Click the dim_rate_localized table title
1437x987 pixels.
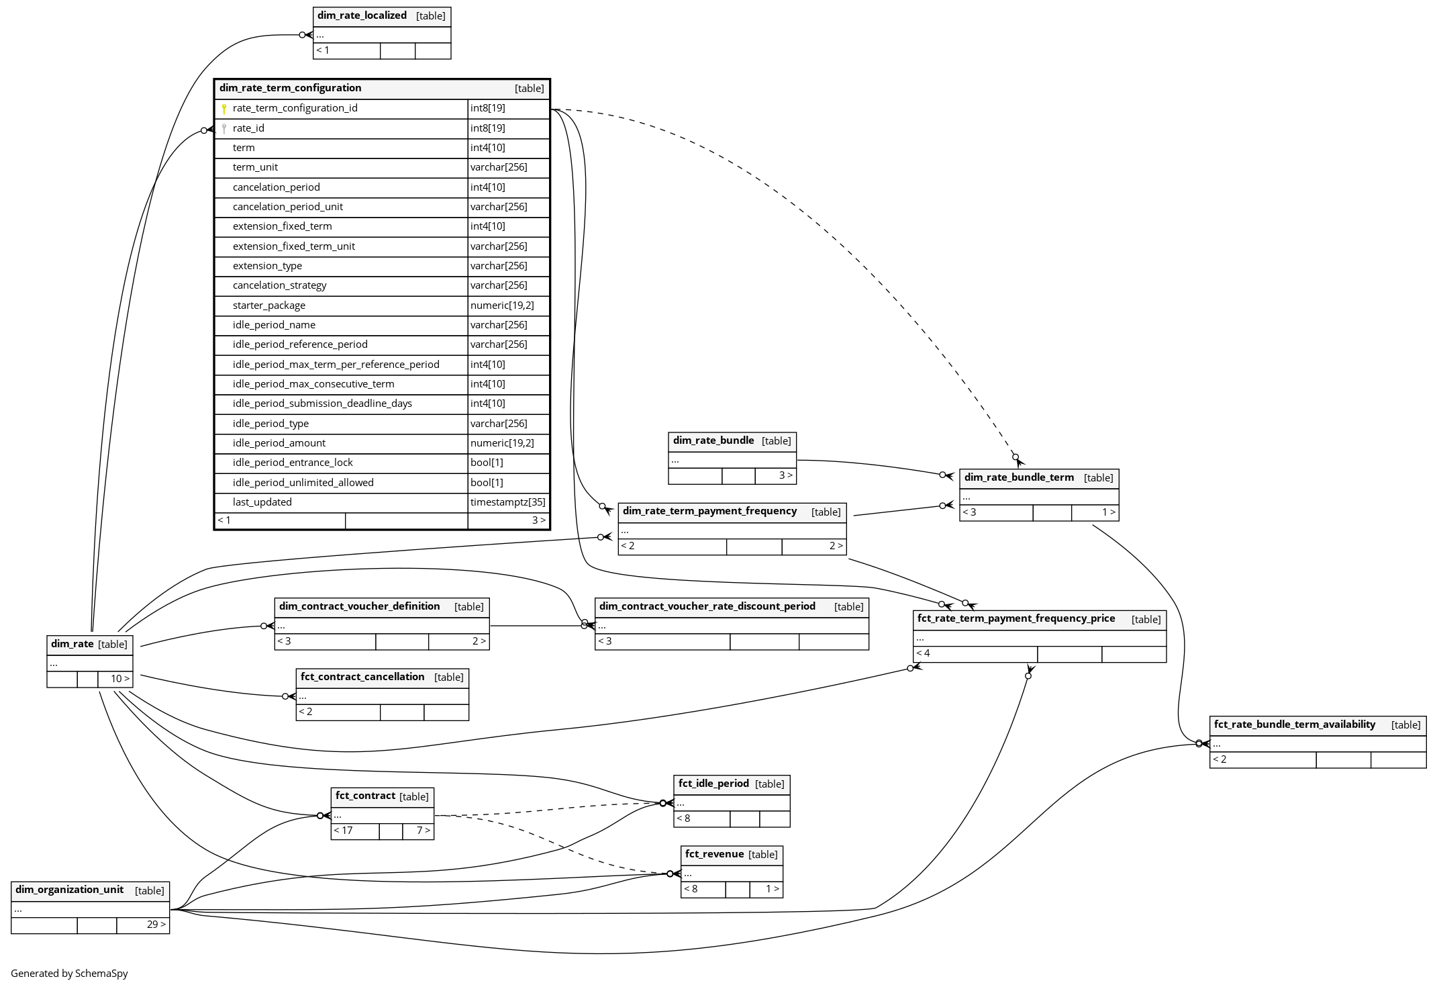(362, 15)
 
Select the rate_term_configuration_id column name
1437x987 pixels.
(295, 108)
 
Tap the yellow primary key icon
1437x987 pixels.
(224, 109)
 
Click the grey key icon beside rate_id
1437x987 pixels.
(224, 128)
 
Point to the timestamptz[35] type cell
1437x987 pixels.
(508, 502)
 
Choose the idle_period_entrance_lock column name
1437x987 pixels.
(293, 463)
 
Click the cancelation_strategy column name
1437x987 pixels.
(279, 285)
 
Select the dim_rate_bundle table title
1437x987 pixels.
(713, 440)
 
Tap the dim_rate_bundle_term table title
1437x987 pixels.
(1019, 477)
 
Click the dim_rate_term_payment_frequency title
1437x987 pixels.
(709, 511)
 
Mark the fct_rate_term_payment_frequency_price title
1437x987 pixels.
(1016, 618)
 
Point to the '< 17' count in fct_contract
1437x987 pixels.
(343, 831)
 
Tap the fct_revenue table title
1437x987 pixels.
(714, 854)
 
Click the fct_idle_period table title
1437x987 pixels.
(713, 783)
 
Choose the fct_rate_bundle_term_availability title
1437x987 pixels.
(1295, 724)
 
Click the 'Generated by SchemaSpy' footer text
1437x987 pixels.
(69, 974)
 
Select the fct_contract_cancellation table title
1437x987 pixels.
(362, 677)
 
